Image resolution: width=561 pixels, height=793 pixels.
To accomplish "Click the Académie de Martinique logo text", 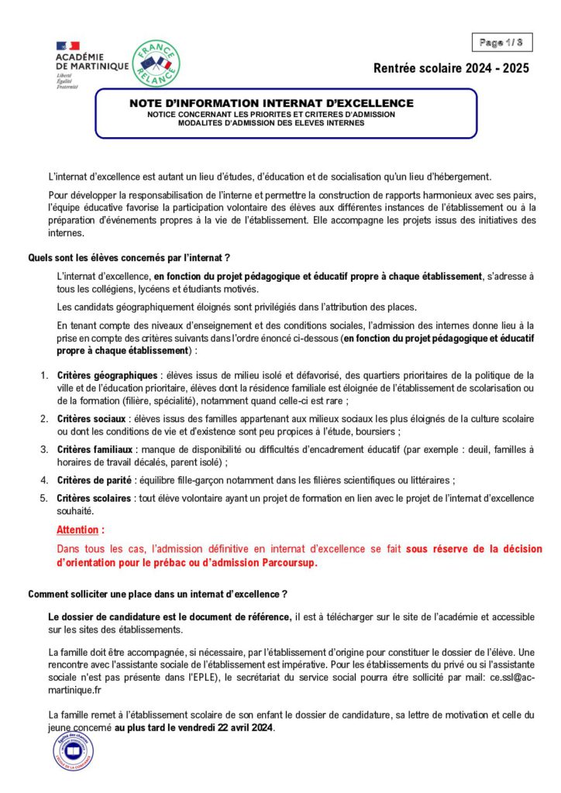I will coord(91,62).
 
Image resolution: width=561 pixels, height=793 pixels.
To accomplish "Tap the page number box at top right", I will coord(500,42).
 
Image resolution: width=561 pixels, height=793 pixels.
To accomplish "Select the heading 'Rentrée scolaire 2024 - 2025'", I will coord(451,68).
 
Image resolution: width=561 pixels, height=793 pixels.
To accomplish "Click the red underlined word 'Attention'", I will coord(79,530).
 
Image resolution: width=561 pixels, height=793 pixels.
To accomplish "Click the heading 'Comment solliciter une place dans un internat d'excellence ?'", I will coord(158,594).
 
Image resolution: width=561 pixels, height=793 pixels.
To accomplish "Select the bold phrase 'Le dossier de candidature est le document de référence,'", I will coord(170,616).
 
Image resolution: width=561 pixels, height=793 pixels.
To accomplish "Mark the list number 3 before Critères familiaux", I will coord(44,449).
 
